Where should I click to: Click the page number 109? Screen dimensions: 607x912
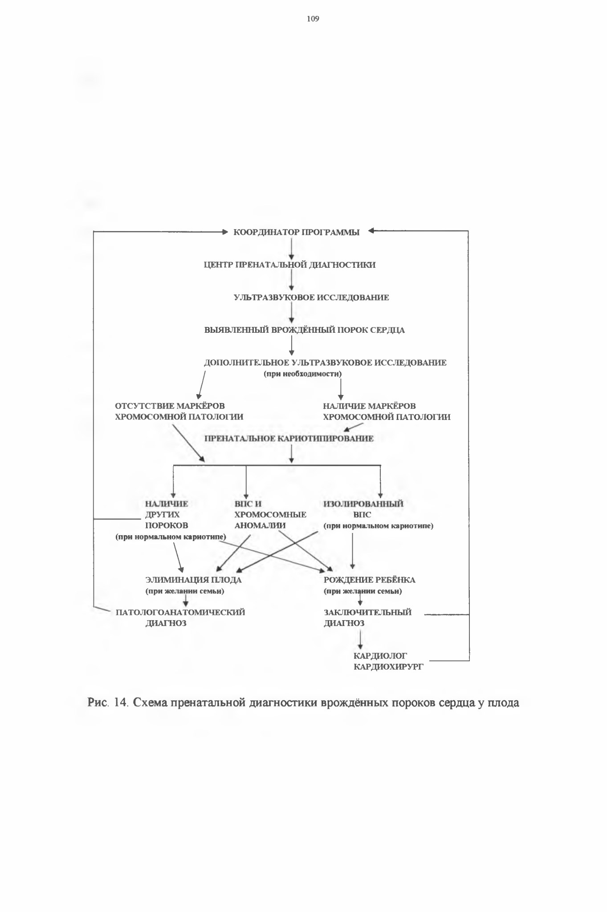313,19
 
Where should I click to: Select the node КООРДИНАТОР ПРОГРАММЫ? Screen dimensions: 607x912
297,232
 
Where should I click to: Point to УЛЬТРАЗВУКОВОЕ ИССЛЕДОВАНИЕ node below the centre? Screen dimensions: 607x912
311,298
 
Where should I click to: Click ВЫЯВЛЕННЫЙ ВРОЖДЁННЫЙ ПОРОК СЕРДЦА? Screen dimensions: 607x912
305,330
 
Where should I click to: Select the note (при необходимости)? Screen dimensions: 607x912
303,374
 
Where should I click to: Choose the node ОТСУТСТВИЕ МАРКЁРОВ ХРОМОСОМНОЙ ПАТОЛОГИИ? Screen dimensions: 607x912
179,412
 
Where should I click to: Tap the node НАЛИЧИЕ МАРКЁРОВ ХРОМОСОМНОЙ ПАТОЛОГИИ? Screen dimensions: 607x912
387,412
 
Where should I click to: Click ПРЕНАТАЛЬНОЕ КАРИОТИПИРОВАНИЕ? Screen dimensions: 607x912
289,439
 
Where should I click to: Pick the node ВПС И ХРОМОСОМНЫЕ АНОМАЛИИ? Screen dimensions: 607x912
270,515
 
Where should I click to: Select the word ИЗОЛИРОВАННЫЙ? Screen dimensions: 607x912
363,504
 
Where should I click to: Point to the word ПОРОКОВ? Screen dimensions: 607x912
167,525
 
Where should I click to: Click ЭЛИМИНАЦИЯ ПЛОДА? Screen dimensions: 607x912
194,580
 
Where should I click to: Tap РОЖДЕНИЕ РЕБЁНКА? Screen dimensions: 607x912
370,580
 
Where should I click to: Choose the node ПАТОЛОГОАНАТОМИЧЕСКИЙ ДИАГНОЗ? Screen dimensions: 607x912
180,618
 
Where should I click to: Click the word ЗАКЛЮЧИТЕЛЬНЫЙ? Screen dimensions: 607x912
368,613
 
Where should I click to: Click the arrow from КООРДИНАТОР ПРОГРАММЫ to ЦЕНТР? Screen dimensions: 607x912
291,249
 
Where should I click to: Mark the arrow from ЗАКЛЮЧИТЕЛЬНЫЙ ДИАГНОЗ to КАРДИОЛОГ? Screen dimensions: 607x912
360,641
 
